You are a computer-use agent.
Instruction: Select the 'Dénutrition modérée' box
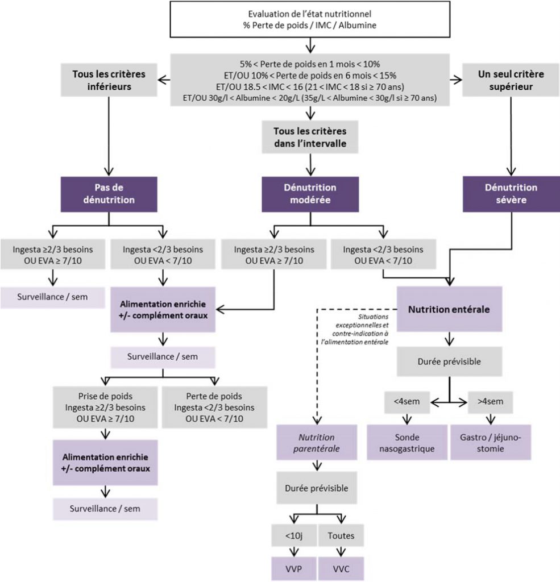pos(310,194)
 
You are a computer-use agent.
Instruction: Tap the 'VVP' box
pos(293,568)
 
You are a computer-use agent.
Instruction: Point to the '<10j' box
pos(293,535)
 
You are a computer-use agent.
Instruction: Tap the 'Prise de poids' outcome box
pos(107,408)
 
